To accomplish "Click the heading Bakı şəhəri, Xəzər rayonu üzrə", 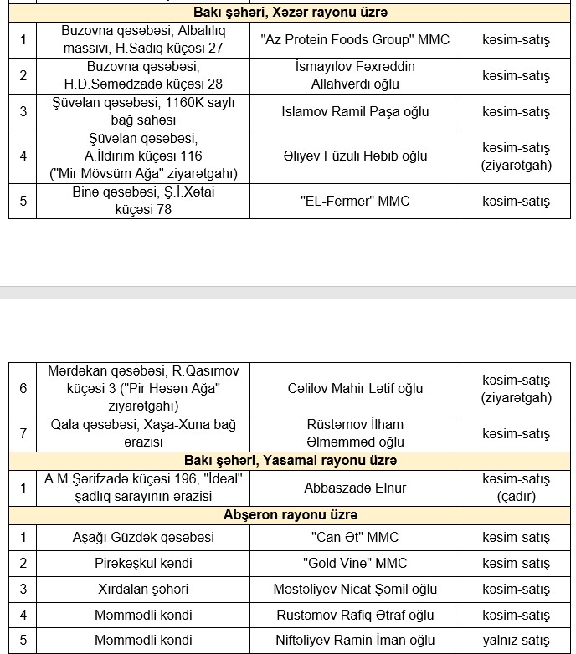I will click(290, 13).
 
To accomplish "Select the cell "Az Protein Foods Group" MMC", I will click(355, 39).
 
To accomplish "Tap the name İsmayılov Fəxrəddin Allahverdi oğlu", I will click(355, 75).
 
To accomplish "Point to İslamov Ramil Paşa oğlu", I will click(355, 111).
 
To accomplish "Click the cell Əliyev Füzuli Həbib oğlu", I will click(355, 156).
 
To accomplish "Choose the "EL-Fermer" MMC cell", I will click(355, 201).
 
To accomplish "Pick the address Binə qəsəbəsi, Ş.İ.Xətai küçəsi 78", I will click(143, 201).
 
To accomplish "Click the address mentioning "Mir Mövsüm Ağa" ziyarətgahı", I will click(143, 156).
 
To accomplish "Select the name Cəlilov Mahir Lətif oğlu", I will click(355, 388).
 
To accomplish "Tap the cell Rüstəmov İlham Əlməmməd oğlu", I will click(355, 433).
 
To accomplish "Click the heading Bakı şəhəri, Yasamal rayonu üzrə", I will click(290, 461).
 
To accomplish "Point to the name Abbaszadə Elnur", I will click(355, 488).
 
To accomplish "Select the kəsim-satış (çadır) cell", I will click(517, 488).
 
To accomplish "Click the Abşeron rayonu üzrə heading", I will click(290, 514).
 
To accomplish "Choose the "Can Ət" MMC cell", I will click(355, 537).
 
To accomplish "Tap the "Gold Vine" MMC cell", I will click(355, 563).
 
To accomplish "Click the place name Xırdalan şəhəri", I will click(143, 589).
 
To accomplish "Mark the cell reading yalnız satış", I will click(517, 641).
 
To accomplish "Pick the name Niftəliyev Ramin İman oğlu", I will click(355, 641).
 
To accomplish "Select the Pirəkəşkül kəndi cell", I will click(143, 563).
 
